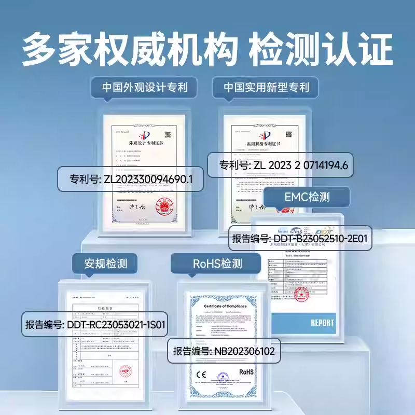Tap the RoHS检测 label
(217, 263)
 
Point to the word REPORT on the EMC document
(322, 323)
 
